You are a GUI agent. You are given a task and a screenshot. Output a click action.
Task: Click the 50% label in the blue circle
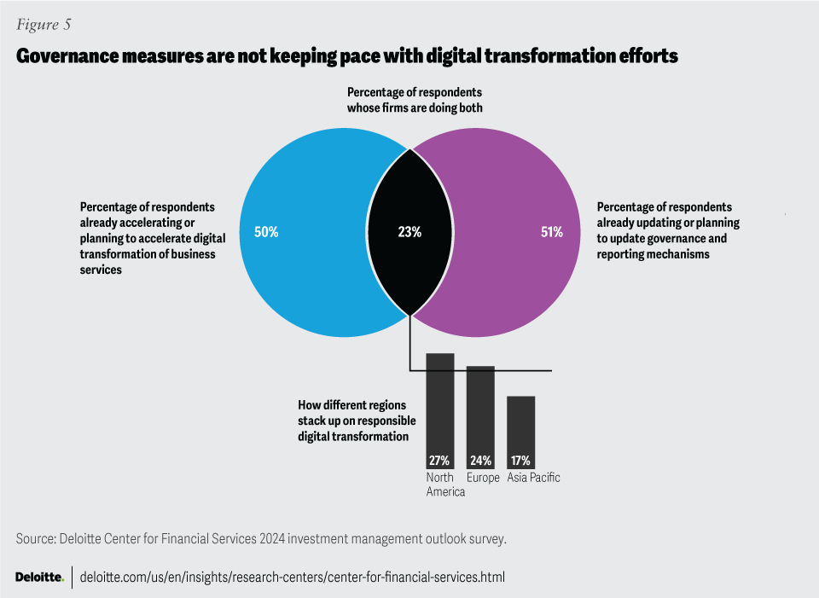click(x=266, y=232)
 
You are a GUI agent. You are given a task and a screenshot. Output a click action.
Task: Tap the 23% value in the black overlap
click(x=409, y=232)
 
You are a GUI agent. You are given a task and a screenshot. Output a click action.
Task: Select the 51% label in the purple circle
click(x=552, y=232)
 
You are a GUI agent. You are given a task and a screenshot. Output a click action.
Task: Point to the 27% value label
click(x=439, y=461)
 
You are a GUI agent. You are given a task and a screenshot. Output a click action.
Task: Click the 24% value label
click(x=480, y=461)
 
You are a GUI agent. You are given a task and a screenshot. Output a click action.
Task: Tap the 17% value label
click(x=520, y=461)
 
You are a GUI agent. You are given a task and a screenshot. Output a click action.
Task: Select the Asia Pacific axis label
click(x=533, y=478)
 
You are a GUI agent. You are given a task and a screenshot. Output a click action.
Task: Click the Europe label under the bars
click(x=483, y=478)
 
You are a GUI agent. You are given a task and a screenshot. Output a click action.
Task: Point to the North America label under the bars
click(x=445, y=485)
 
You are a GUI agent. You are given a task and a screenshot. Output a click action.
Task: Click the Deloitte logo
click(x=39, y=578)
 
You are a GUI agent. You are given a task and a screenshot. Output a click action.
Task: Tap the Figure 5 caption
click(x=43, y=24)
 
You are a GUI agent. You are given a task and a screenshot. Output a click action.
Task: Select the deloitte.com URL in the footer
click(x=292, y=578)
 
